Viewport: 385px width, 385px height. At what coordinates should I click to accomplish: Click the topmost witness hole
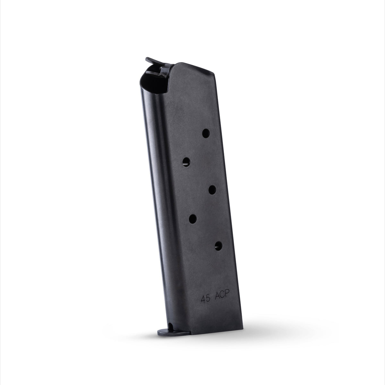[x=206, y=133]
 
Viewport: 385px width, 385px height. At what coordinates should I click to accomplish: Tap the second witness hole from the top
[x=186, y=162]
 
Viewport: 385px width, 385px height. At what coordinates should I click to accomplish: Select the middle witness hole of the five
[x=212, y=190]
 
